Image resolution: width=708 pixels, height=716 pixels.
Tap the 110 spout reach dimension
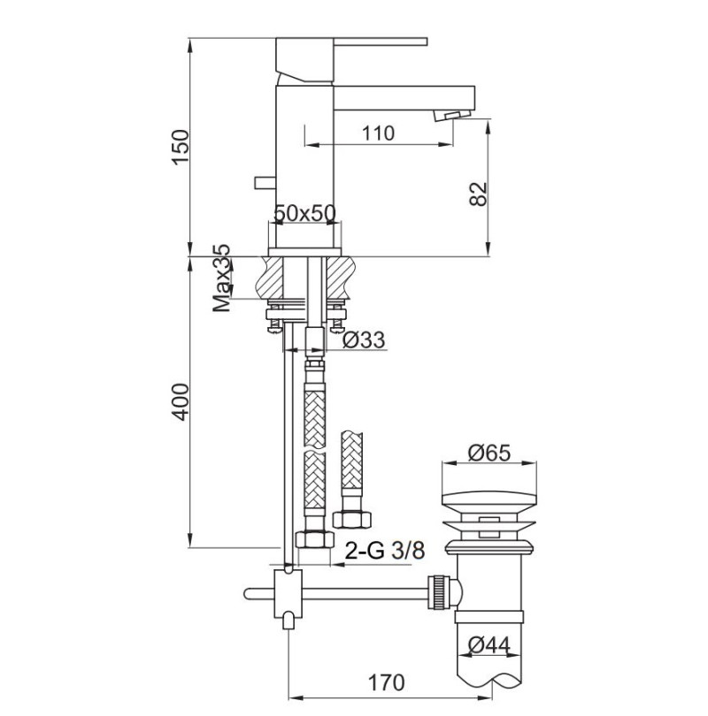(x=377, y=133)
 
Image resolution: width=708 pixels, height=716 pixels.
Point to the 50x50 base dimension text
(x=304, y=213)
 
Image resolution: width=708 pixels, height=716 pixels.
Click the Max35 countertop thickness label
(x=222, y=279)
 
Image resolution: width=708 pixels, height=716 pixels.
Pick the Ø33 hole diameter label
(x=362, y=339)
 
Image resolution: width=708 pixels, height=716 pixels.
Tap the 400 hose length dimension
(x=180, y=402)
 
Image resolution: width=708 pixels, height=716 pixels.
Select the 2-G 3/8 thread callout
(x=387, y=552)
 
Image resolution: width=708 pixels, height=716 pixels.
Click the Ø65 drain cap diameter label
(x=489, y=452)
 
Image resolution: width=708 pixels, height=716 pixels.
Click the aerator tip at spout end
(x=455, y=117)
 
